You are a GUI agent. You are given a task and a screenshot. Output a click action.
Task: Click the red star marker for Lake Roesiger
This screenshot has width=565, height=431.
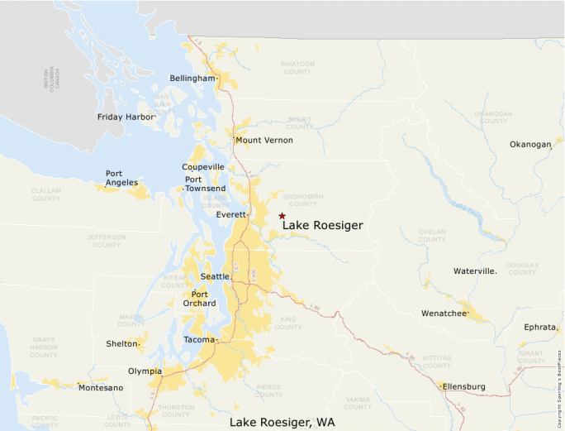pyautogui.click(x=282, y=215)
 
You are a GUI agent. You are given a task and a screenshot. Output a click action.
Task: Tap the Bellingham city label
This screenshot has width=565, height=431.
pyautogui.click(x=192, y=79)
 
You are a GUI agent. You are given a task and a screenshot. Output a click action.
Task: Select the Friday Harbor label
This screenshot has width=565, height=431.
pyautogui.click(x=126, y=117)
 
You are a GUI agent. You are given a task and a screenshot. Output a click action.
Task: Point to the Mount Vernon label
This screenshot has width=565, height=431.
pyautogui.click(x=264, y=141)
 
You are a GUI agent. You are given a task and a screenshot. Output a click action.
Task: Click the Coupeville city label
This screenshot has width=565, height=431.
pyautogui.click(x=203, y=167)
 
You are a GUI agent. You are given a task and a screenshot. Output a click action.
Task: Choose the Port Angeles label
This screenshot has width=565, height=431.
pyautogui.click(x=121, y=178)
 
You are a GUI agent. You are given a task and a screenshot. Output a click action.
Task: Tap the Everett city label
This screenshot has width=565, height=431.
pyautogui.click(x=230, y=215)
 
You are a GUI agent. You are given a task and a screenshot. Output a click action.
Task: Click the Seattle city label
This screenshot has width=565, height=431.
pyautogui.click(x=215, y=276)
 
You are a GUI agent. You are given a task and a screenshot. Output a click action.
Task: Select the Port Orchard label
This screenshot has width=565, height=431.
pyautogui.click(x=203, y=299)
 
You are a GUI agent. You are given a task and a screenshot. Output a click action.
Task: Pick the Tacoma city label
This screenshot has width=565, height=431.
pyautogui.click(x=199, y=340)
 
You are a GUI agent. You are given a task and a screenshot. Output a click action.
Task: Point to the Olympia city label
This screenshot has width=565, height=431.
pyautogui.click(x=145, y=371)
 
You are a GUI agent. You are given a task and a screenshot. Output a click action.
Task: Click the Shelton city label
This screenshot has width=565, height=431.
pyautogui.click(x=122, y=344)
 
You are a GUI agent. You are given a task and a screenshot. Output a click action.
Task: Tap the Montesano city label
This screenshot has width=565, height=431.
pyautogui.click(x=101, y=388)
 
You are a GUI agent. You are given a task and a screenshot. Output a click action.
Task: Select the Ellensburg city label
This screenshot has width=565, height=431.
pyautogui.click(x=463, y=387)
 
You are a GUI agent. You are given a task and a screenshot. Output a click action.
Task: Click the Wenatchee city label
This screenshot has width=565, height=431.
pyautogui.click(x=444, y=314)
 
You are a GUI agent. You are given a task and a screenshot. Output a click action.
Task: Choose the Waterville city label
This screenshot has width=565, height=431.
pyautogui.click(x=475, y=271)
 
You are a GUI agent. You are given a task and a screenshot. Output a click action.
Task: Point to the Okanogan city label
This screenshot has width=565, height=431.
pyautogui.click(x=529, y=145)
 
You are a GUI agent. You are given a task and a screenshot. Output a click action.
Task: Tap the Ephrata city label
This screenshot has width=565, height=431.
pyautogui.click(x=540, y=328)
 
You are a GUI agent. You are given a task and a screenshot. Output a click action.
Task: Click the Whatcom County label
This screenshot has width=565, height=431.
pyautogui.click(x=297, y=68)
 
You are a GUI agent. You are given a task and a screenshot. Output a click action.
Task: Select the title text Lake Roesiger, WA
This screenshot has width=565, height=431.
pyautogui.click(x=282, y=423)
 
